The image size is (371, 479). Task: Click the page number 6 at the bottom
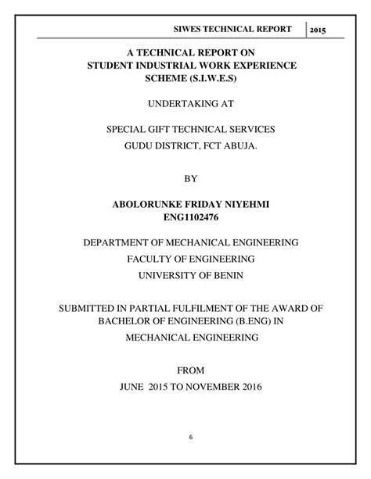tap(189, 437)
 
